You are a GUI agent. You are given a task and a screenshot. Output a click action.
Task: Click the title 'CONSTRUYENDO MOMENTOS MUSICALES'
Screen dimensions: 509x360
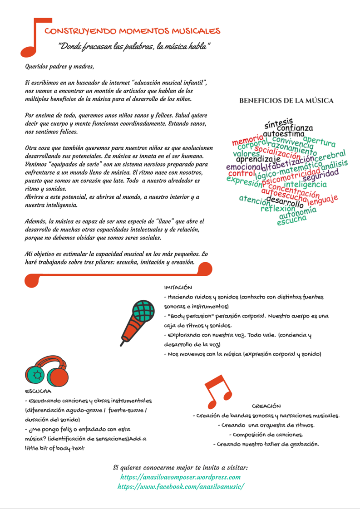[133, 31]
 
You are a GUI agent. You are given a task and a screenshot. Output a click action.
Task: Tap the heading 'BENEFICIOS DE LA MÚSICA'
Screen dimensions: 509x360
[286, 101]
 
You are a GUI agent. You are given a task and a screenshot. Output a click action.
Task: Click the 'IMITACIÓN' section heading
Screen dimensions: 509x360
[178, 287]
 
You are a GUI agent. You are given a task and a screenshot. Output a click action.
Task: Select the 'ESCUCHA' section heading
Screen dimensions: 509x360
[38, 391]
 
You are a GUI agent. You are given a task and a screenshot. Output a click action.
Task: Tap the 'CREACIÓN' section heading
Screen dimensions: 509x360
[266, 406]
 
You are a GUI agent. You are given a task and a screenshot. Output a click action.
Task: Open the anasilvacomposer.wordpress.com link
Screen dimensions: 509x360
[180, 477]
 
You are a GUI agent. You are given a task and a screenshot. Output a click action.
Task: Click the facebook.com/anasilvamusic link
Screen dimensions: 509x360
[180, 486]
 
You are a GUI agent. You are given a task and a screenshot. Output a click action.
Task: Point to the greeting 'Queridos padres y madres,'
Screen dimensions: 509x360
[59, 67]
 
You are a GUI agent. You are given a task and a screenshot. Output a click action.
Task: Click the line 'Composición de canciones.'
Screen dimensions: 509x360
[266, 435]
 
